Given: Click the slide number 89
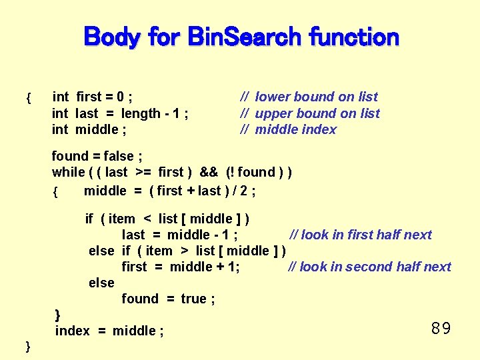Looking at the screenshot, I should tap(441, 328).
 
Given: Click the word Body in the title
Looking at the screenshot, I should tap(111, 37).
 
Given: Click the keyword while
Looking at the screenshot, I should tap(68, 172).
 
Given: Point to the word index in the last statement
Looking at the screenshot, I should tap(72, 331).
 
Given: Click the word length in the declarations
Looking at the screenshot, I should tap(141, 113).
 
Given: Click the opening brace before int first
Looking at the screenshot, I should tap(27, 99).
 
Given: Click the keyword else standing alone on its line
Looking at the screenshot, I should tap(101, 283).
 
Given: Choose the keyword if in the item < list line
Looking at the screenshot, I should tap(89, 219).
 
